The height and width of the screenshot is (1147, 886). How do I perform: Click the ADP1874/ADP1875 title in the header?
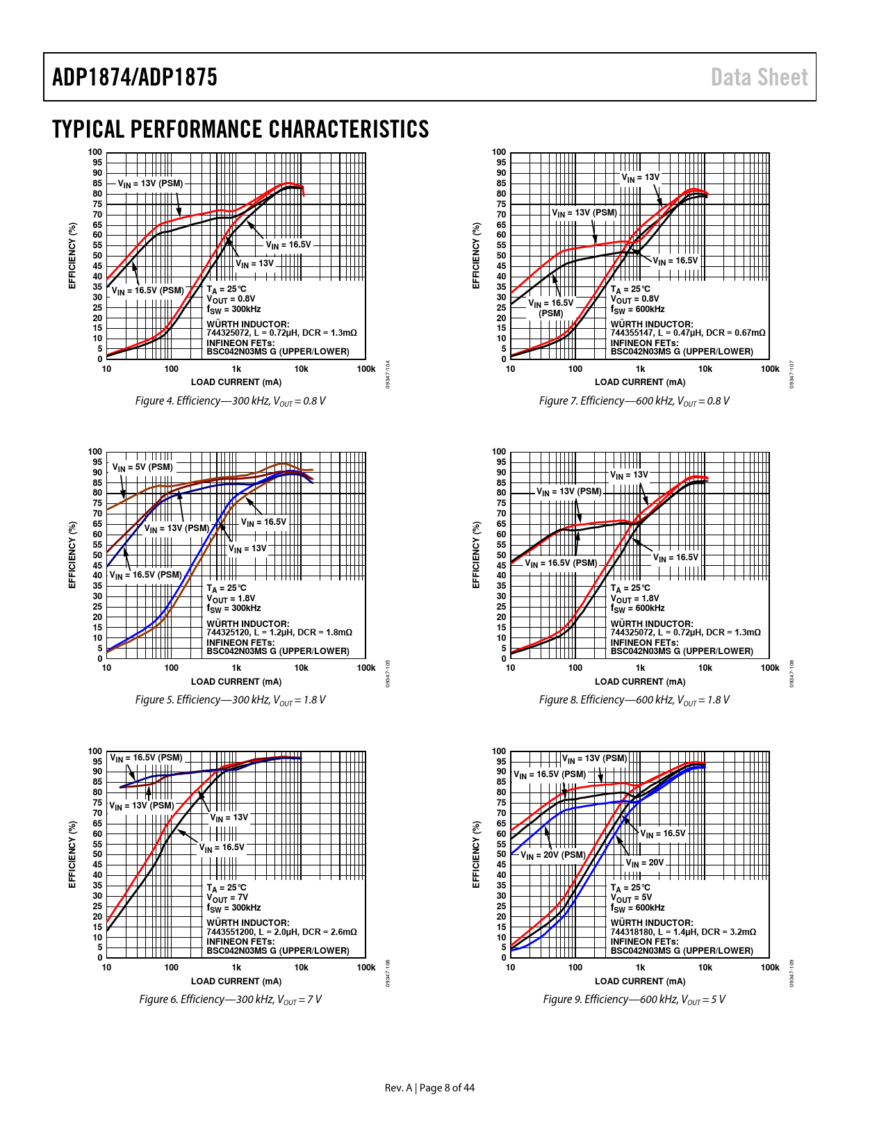pyautogui.click(x=134, y=77)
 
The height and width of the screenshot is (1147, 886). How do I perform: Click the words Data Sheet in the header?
pyautogui.click(x=759, y=77)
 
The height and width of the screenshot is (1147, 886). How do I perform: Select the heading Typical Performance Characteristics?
pyautogui.click(x=240, y=129)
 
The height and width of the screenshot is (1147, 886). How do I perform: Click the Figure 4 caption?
pyautogui.click(x=230, y=401)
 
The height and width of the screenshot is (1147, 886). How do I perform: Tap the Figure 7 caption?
pyautogui.click(x=634, y=401)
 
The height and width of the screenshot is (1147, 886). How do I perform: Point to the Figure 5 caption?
pyautogui.click(x=230, y=700)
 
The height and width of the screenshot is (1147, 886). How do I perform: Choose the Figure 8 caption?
pyautogui.click(x=634, y=700)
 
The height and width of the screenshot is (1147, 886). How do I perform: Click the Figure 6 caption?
pyautogui.click(x=230, y=1000)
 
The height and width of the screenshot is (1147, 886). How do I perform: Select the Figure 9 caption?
pyautogui.click(x=634, y=1000)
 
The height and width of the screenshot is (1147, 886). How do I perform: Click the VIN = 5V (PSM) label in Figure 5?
pyautogui.click(x=142, y=467)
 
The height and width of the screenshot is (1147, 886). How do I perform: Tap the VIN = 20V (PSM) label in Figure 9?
pyautogui.click(x=553, y=855)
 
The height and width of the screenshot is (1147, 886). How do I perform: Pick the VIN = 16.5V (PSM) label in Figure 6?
pyautogui.click(x=146, y=758)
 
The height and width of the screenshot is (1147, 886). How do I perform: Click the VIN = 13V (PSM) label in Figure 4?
pyautogui.click(x=150, y=184)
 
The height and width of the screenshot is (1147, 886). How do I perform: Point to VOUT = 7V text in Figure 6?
pyautogui.click(x=227, y=897)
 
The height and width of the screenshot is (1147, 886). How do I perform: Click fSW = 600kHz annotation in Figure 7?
pyautogui.click(x=637, y=309)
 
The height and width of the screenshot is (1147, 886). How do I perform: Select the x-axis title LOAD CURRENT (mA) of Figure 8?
pyautogui.click(x=640, y=682)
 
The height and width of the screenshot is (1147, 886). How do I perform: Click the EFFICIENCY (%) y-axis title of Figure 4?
pyautogui.click(x=72, y=256)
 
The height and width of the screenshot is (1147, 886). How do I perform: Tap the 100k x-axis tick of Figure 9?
pyautogui.click(x=770, y=968)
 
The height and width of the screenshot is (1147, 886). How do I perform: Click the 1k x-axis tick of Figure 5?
pyautogui.click(x=236, y=668)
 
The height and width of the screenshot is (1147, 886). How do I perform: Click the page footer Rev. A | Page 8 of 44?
pyautogui.click(x=429, y=1088)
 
